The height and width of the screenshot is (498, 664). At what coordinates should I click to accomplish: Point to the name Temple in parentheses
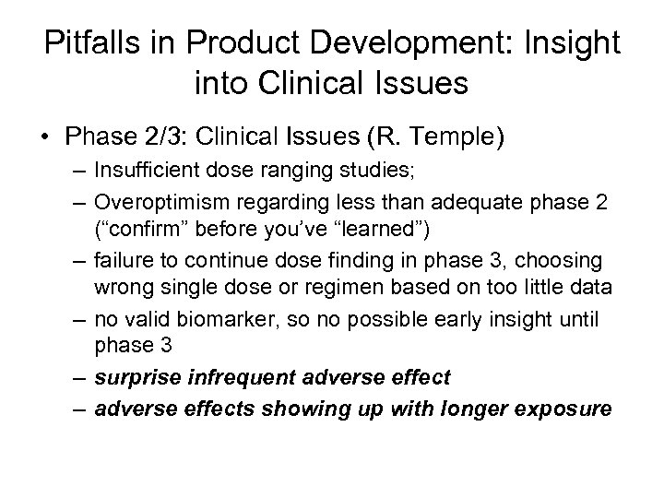click(x=457, y=138)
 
